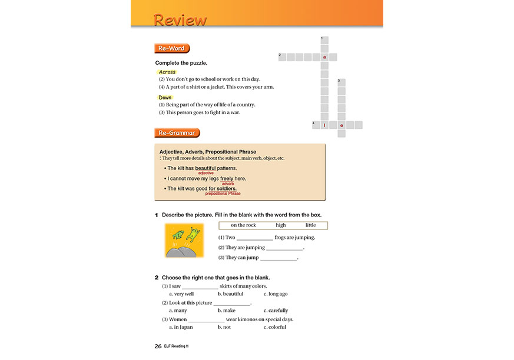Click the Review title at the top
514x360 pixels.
[180, 20]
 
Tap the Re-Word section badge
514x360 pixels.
[171, 48]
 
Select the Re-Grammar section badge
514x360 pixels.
[177, 133]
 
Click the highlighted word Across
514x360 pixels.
[167, 72]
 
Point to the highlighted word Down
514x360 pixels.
[165, 97]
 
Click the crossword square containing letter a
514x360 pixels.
[324, 57]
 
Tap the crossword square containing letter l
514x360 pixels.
[324, 125]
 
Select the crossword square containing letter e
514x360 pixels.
[341, 125]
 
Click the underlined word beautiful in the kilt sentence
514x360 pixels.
[205, 168]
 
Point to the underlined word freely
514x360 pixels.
[227, 178]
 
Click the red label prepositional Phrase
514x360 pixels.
[223, 194]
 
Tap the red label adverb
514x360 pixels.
[228, 184]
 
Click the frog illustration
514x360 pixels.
[184, 240]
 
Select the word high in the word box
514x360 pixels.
[280, 225]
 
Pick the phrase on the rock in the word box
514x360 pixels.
[243, 225]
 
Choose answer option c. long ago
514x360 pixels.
[276, 294]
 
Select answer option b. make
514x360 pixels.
[226, 311]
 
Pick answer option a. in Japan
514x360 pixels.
[183, 327]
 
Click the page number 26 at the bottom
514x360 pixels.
[158, 346]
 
